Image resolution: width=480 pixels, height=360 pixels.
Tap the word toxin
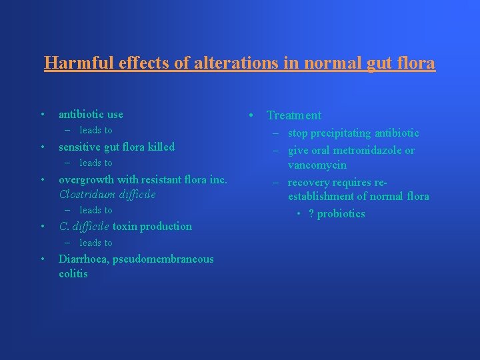click(x=125, y=227)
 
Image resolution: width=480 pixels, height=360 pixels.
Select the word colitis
click(x=73, y=274)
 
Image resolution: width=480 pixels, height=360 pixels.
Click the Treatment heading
click(x=293, y=116)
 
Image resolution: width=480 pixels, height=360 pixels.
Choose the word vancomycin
click(x=317, y=165)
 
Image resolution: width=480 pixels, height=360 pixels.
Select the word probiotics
click(x=341, y=214)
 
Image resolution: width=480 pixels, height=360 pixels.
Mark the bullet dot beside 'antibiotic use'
click(x=42, y=115)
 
